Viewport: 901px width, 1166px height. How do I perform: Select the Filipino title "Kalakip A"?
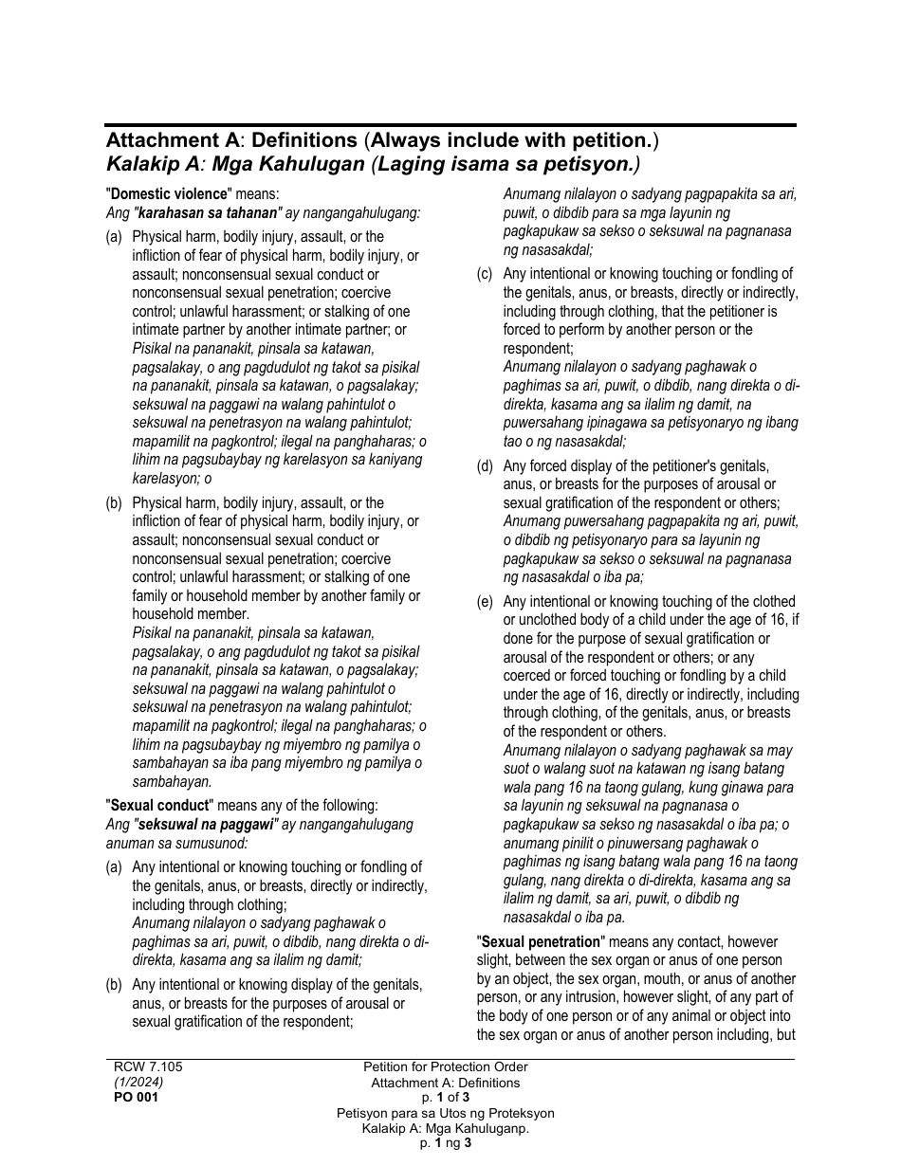click(154, 164)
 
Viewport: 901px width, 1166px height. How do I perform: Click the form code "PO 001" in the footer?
click(137, 1098)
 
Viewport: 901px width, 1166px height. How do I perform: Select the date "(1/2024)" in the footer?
click(138, 1082)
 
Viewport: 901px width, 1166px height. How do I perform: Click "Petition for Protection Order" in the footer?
click(446, 1067)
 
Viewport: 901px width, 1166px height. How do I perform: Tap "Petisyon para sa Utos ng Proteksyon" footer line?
click(446, 1113)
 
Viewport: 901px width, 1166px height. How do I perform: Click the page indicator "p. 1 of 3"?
click(446, 1098)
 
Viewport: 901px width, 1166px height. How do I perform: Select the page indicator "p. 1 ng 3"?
click(446, 1143)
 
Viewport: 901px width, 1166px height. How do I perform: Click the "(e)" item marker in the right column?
click(485, 602)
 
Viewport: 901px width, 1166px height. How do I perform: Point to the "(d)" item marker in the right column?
click(485, 466)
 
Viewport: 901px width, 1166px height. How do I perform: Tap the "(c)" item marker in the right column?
click(485, 274)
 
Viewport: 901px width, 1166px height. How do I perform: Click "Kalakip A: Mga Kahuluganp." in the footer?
click(446, 1128)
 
